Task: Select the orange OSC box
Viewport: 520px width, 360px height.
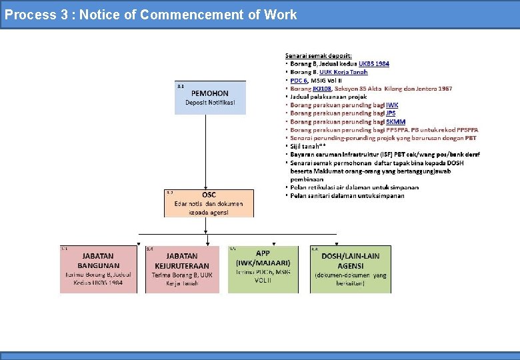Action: [209, 203]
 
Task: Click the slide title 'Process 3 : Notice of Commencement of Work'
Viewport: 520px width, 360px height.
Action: [151, 15]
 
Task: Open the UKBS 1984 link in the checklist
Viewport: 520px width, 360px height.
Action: [374, 64]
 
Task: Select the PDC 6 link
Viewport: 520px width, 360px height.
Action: [299, 80]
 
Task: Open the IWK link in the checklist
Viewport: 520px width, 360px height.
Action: [393, 105]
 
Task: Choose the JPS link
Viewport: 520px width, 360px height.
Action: [391, 113]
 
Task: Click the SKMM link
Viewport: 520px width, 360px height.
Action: [395, 121]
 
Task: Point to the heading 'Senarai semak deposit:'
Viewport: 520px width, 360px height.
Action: [319, 55]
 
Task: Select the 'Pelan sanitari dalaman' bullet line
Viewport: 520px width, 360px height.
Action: [347, 196]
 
